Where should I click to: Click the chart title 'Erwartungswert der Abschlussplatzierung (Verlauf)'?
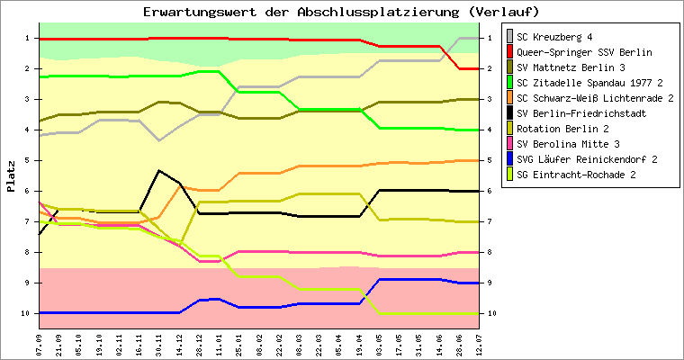pos(341,12)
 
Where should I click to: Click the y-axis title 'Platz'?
pos(11,175)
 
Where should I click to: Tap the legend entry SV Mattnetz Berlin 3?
pos(572,67)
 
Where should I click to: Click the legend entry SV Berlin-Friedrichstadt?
pos(580,113)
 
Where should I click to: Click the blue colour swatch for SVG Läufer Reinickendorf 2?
pos(510,159)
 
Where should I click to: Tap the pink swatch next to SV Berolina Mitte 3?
pos(510,144)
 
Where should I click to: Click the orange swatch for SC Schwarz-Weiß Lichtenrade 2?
pos(510,98)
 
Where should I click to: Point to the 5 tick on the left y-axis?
pos(28,160)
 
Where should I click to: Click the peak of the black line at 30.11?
pos(159,170)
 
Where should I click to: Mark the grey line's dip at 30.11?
pos(159,140)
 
